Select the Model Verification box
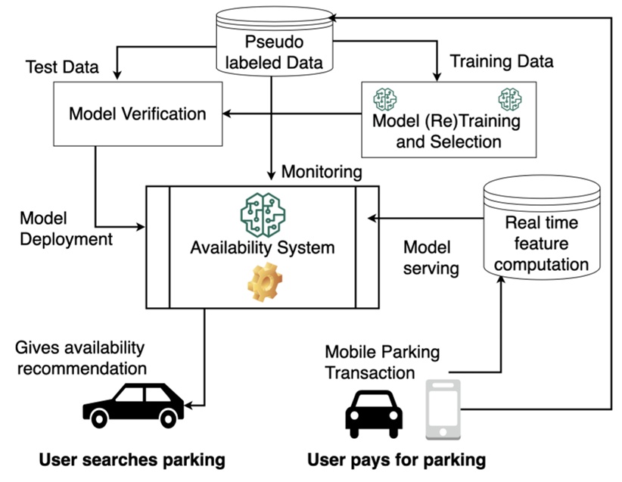tap(137, 114)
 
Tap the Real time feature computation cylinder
tap(542, 231)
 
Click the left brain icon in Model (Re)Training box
tap(385, 98)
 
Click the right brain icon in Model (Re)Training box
tap(509, 98)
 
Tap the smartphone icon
tap(443, 409)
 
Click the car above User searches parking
tap(134, 406)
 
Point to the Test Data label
tap(62, 67)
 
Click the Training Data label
tap(502, 61)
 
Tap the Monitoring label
tap(322, 172)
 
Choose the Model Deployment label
tap(66, 229)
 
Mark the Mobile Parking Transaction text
tap(382, 362)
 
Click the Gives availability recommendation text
tap(80, 358)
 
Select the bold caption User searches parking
tap(132, 459)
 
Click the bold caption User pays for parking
tap(396, 459)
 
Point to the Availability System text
tap(262, 247)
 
